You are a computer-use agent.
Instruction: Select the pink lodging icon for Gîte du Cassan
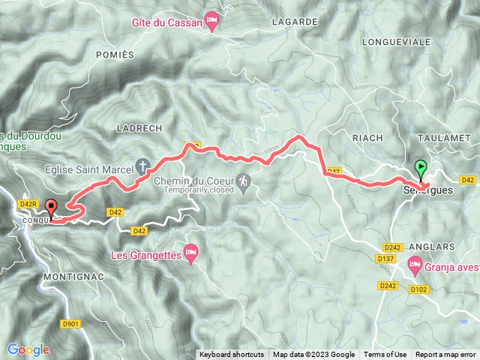coord(212,25)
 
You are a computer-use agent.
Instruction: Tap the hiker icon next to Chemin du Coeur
coord(243,182)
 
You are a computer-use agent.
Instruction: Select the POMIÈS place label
coord(115,55)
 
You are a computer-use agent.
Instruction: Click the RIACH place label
coord(367,138)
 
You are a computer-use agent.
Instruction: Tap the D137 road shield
coord(386,259)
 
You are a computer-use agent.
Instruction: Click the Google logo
coord(28,349)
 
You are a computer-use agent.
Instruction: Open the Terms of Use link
coord(385,355)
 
